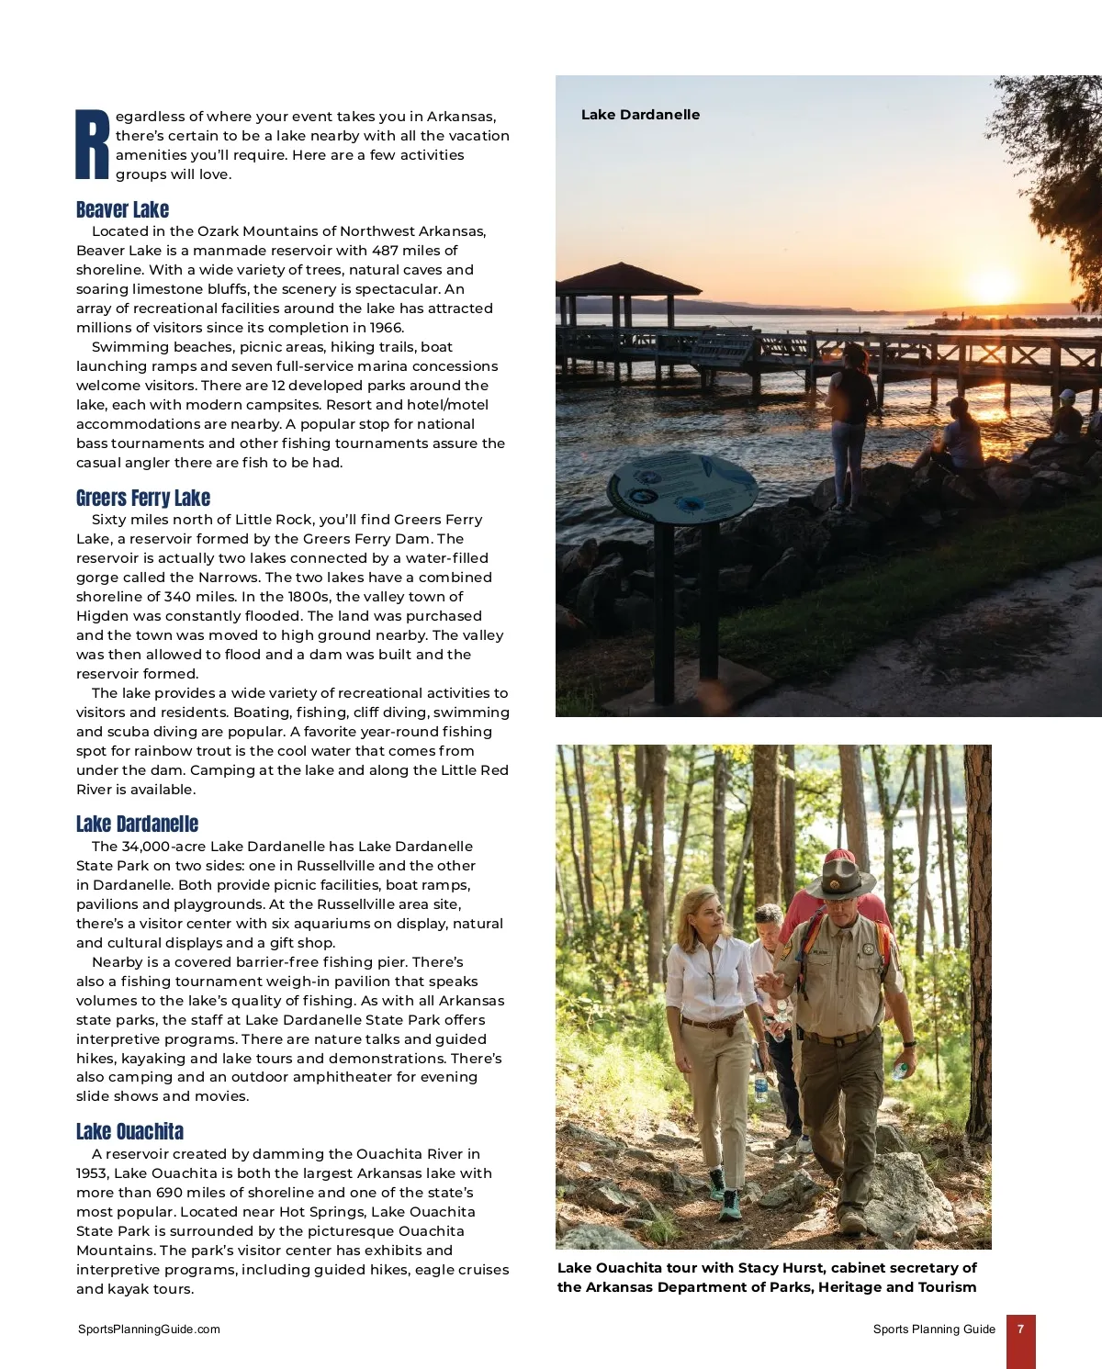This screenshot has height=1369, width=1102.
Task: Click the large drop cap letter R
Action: tap(93, 144)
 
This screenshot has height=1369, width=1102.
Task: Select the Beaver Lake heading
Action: tap(122, 209)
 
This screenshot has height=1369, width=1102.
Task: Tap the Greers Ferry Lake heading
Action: tap(143, 498)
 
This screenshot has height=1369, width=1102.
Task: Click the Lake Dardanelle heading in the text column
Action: tap(137, 824)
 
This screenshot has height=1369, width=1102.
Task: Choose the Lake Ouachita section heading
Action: tap(129, 1131)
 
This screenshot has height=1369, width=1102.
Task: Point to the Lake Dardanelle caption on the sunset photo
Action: tap(640, 115)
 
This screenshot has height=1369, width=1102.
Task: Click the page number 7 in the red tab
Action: tap(1020, 1329)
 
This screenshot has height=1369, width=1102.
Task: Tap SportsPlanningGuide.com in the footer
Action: tap(149, 1329)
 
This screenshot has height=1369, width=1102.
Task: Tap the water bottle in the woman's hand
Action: tap(760, 1087)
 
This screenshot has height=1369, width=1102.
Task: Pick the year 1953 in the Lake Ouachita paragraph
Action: tap(93, 1173)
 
